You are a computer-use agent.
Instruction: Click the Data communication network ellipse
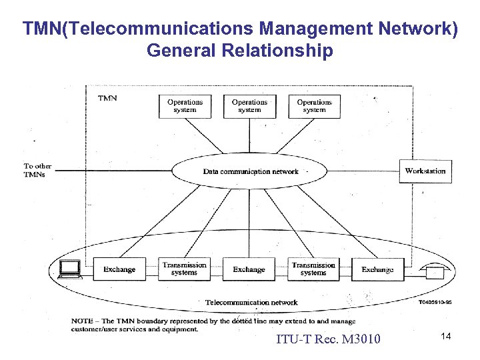[250, 171]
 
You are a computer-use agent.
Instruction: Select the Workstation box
[425, 171]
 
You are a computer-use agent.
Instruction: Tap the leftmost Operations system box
[185, 106]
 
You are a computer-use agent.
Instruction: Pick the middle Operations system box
[249, 106]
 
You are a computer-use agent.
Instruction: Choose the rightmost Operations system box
[314, 106]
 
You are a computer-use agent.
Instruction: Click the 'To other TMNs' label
[37, 170]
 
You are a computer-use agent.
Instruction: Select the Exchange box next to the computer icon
[119, 269]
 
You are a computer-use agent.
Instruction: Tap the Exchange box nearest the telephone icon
[377, 269]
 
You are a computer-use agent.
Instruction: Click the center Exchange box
[249, 269]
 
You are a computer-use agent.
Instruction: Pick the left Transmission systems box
[184, 269]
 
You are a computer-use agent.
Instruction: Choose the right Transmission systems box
[313, 269]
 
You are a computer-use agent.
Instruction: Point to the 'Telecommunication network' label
[251, 303]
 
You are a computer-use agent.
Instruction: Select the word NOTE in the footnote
[83, 321]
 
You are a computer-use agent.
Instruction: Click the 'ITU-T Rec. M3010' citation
[328, 340]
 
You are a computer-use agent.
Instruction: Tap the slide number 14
[445, 337]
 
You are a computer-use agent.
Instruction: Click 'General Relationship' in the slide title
[239, 51]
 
